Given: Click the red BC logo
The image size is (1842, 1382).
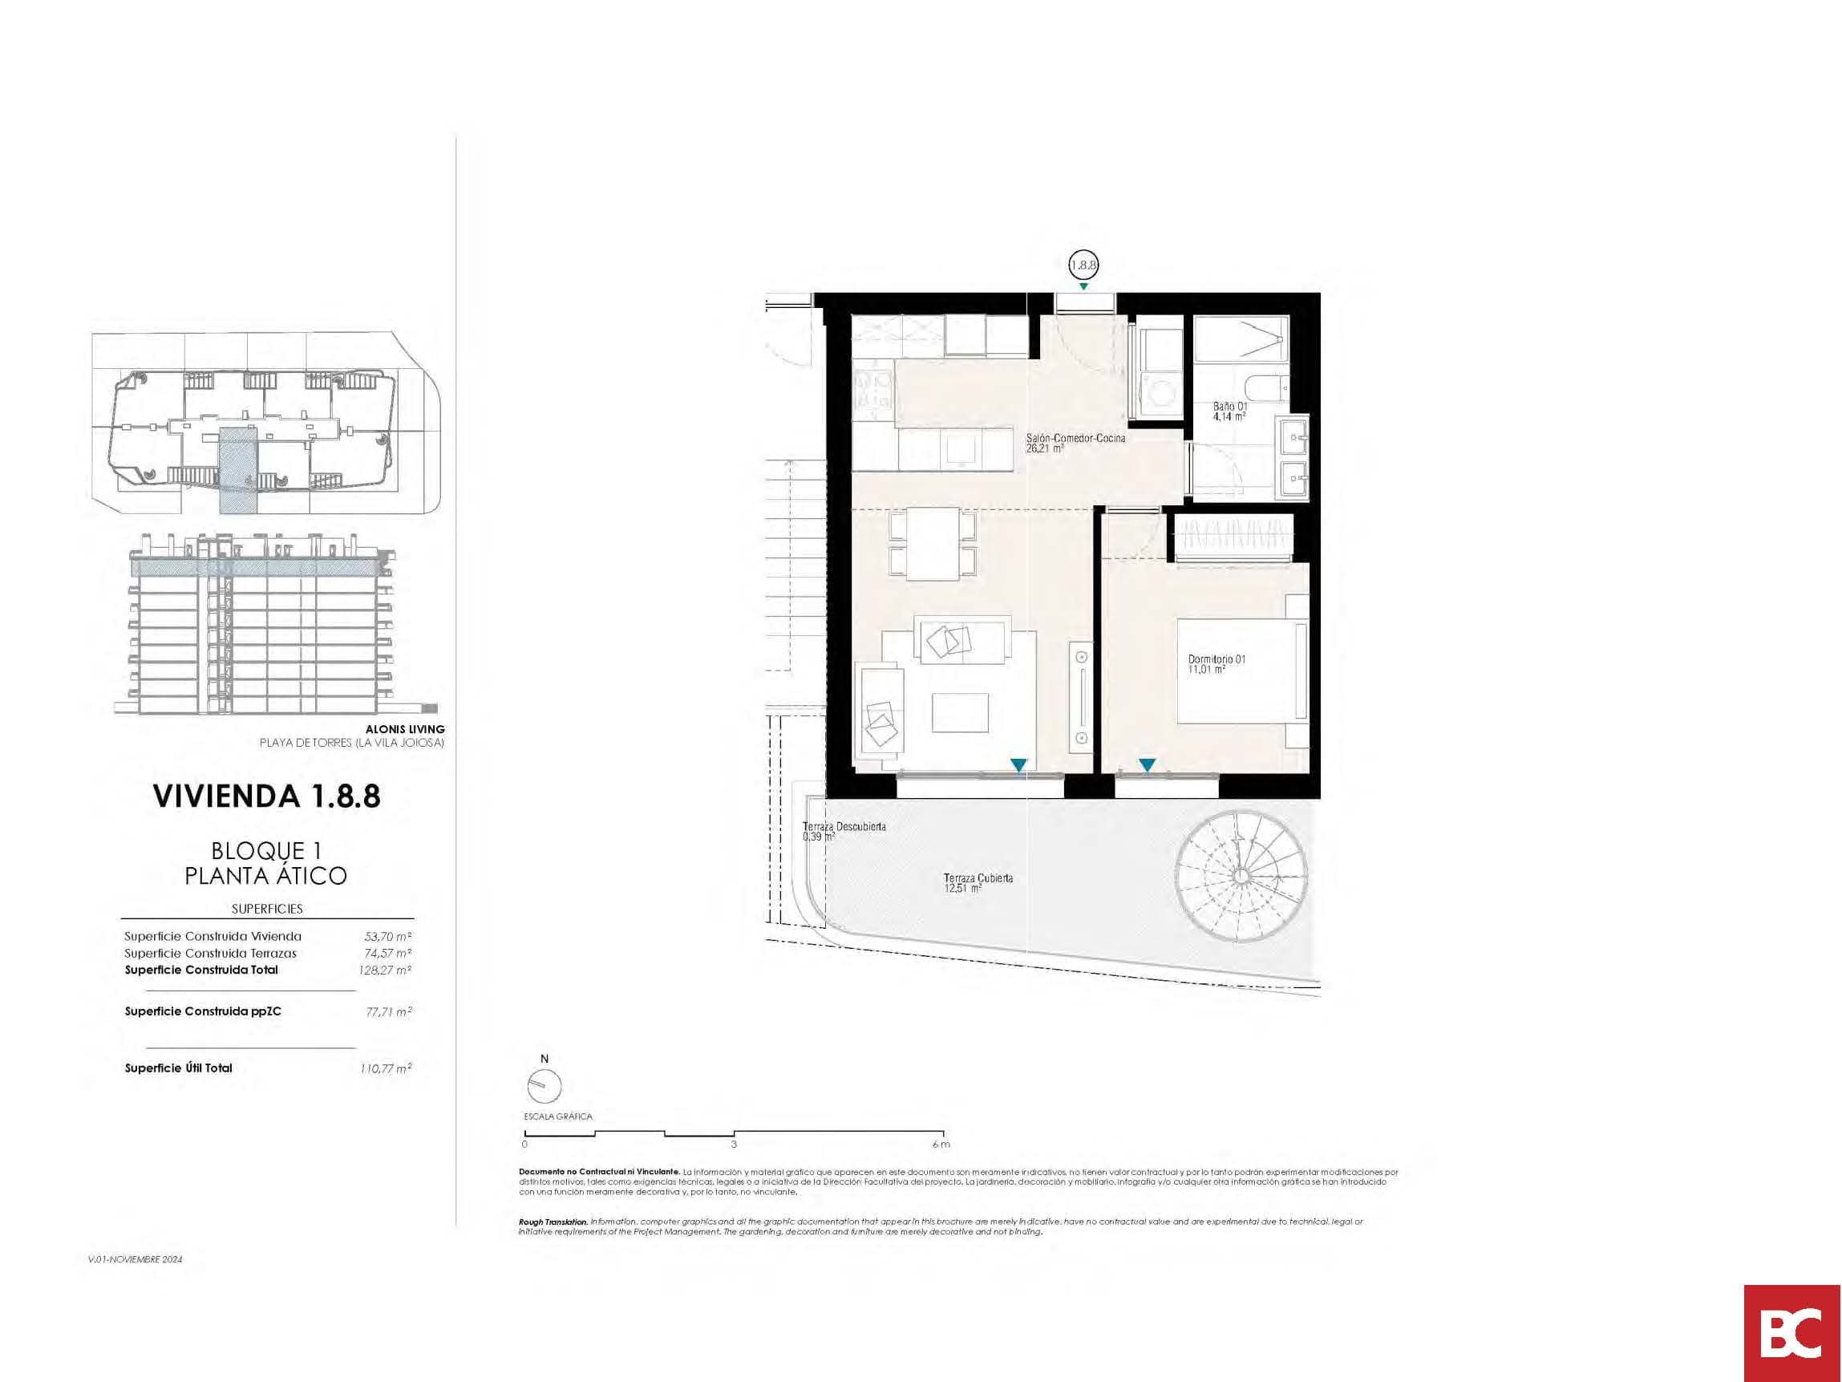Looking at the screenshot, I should pos(1792,1332).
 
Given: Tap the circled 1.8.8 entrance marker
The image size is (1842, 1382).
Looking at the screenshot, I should pos(1083,265).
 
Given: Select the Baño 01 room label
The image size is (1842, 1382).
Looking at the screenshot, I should pos(1230,411).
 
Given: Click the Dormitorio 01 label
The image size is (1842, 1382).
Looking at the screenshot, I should pos(1217,663).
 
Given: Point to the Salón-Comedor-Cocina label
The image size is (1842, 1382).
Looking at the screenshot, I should pos(1075,442).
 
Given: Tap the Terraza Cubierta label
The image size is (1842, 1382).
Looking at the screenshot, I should pos(978,882).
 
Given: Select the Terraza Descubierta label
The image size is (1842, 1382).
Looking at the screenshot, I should pos(844,830).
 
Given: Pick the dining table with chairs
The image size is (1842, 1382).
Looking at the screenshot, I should pos(933,543).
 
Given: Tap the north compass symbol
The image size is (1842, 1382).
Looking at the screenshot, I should pos(545,1085).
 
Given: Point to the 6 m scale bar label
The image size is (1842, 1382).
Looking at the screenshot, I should pos(941,1145).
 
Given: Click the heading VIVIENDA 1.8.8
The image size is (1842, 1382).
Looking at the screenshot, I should pos(266,796).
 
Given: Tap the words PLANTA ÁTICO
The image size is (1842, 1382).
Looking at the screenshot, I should pos(265,876).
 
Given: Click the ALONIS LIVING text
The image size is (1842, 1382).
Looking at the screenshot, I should pos(405,729).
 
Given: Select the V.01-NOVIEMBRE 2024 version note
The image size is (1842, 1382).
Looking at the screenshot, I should pos(135,1259).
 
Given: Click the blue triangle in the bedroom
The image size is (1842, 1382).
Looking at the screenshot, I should pos(1147,764).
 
